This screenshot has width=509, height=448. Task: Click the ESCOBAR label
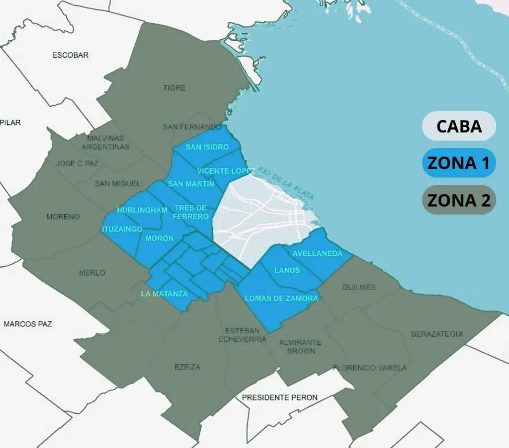[x=71, y=55]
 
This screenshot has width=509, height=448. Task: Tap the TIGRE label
[x=174, y=88]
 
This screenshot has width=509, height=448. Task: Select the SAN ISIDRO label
[x=207, y=147]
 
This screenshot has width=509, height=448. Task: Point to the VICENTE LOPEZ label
[x=226, y=171]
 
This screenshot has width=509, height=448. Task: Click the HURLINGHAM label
[x=142, y=210]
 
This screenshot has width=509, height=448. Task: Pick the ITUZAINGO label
[x=122, y=229]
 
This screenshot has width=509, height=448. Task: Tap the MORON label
[x=160, y=238]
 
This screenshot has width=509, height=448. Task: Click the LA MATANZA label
[x=165, y=294]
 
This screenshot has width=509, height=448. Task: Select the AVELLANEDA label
[x=318, y=254]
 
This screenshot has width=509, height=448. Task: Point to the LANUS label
[x=287, y=270]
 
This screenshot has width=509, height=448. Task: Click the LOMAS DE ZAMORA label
[x=281, y=299]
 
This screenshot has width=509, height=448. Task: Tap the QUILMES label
[x=359, y=287]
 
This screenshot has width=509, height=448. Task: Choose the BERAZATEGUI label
[x=437, y=334]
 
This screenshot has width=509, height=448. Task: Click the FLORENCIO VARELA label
[x=370, y=368]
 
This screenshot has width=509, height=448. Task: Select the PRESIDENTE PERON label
[x=280, y=397]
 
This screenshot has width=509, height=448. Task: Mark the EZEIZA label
[x=187, y=367]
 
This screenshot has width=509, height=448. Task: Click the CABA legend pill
[x=459, y=126]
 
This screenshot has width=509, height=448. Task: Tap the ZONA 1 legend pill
[x=459, y=163]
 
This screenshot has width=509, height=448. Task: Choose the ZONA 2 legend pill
[x=459, y=200]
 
